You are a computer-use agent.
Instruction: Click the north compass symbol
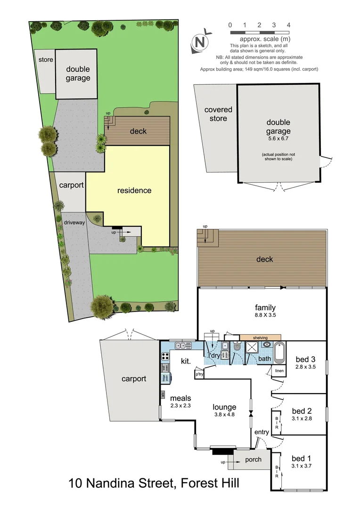(x=200, y=42)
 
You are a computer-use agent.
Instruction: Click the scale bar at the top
(x=259, y=32)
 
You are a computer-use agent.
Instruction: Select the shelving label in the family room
(x=260, y=337)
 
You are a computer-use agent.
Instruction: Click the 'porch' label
(x=253, y=460)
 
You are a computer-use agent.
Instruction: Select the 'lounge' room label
(x=224, y=407)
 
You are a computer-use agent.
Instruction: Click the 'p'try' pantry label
(x=199, y=374)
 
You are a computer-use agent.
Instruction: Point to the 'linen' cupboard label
(x=279, y=371)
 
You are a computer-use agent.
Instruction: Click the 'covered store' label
(x=218, y=114)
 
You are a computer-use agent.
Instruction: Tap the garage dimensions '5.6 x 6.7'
(x=278, y=140)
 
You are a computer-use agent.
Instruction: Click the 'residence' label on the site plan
(x=134, y=190)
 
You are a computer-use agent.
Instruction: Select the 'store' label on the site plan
(x=46, y=60)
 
